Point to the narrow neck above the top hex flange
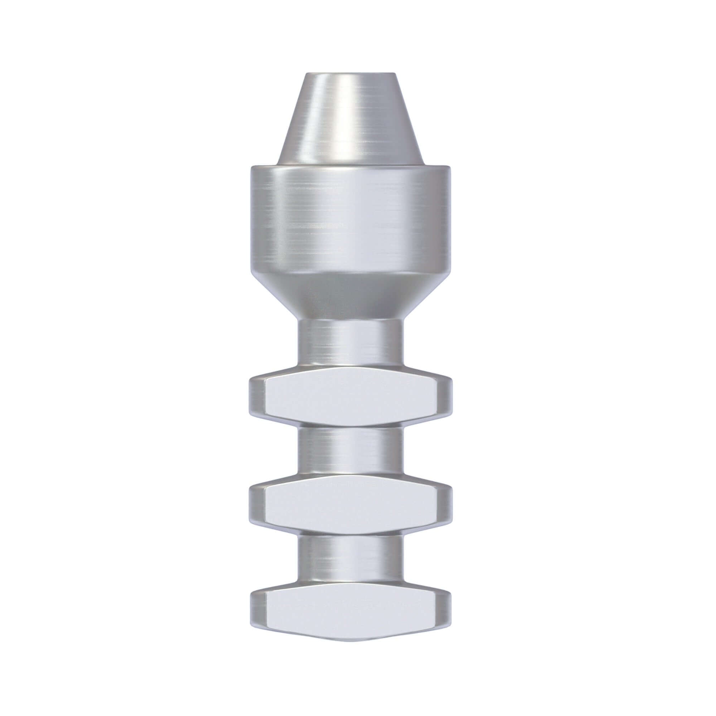coord(350,341)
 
